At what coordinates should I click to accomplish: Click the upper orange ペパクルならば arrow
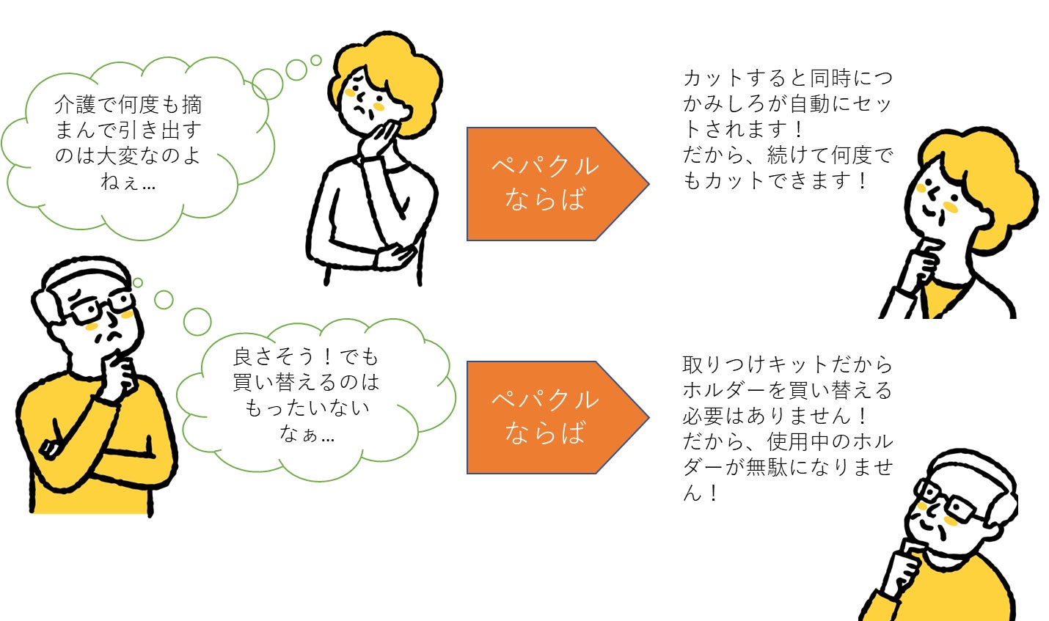558,184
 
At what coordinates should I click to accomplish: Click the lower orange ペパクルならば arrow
558,417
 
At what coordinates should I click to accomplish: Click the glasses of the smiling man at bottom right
951,502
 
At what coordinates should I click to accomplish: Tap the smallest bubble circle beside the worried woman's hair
316,60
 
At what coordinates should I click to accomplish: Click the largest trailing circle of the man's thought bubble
197,321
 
